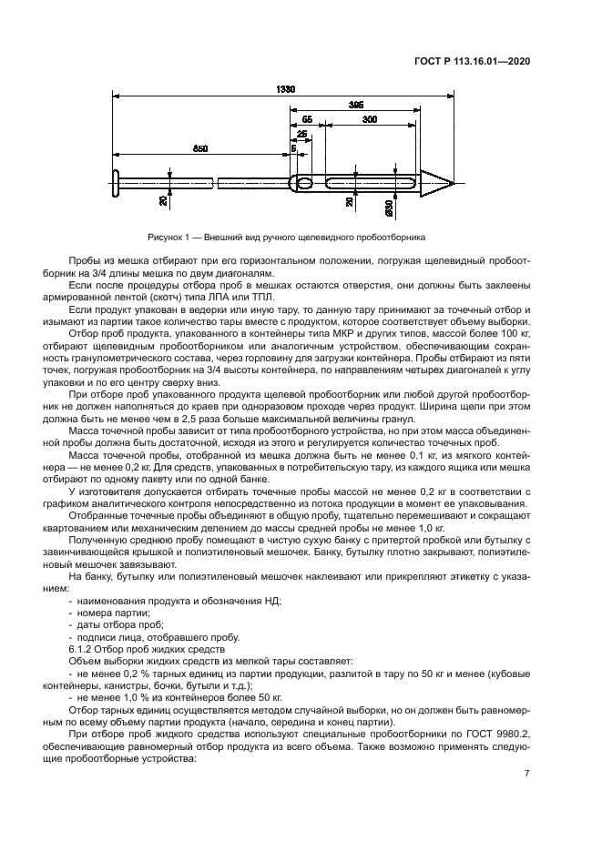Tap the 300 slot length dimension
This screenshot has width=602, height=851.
[371, 120]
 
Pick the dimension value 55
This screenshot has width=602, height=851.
[307, 120]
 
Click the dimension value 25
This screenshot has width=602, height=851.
[301, 134]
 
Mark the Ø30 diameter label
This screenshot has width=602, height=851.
[390, 208]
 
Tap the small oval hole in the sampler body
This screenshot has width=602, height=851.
[304, 184]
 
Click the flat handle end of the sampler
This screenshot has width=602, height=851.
[117, 182]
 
